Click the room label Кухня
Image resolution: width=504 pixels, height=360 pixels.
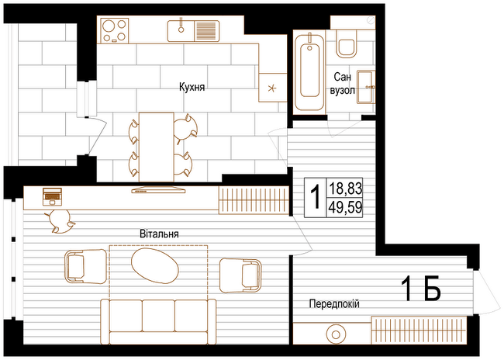(192, 87)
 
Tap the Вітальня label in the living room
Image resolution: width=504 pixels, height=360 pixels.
(159, 234)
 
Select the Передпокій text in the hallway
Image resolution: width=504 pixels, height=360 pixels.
(334, 303)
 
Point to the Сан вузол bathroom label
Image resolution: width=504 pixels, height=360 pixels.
(342, 84)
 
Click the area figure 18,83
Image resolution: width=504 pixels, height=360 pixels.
(345, 189)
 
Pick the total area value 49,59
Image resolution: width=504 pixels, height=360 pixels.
(345, 207)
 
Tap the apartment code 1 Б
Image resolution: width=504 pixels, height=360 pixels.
(421, 289)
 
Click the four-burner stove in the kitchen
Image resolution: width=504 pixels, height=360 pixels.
(115, 30)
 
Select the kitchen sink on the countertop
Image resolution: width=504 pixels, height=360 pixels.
(194, 31)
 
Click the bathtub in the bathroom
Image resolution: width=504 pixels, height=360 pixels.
(309, 71)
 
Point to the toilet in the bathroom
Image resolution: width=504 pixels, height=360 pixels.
(347, 43)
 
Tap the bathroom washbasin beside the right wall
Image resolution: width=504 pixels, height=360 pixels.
(366, 87)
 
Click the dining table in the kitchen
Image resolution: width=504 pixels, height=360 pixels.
(156, 147)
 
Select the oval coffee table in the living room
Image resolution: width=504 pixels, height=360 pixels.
(154, 266)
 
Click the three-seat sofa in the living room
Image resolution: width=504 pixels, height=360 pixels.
(159, 322)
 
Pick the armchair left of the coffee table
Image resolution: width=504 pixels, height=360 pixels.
(85, 267)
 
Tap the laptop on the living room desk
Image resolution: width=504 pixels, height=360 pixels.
(53, 196)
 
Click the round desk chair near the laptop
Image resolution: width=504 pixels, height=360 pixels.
(60, 221)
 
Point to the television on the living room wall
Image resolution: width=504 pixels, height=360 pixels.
(158, 189)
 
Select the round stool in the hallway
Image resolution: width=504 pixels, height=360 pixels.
(335, 335)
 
